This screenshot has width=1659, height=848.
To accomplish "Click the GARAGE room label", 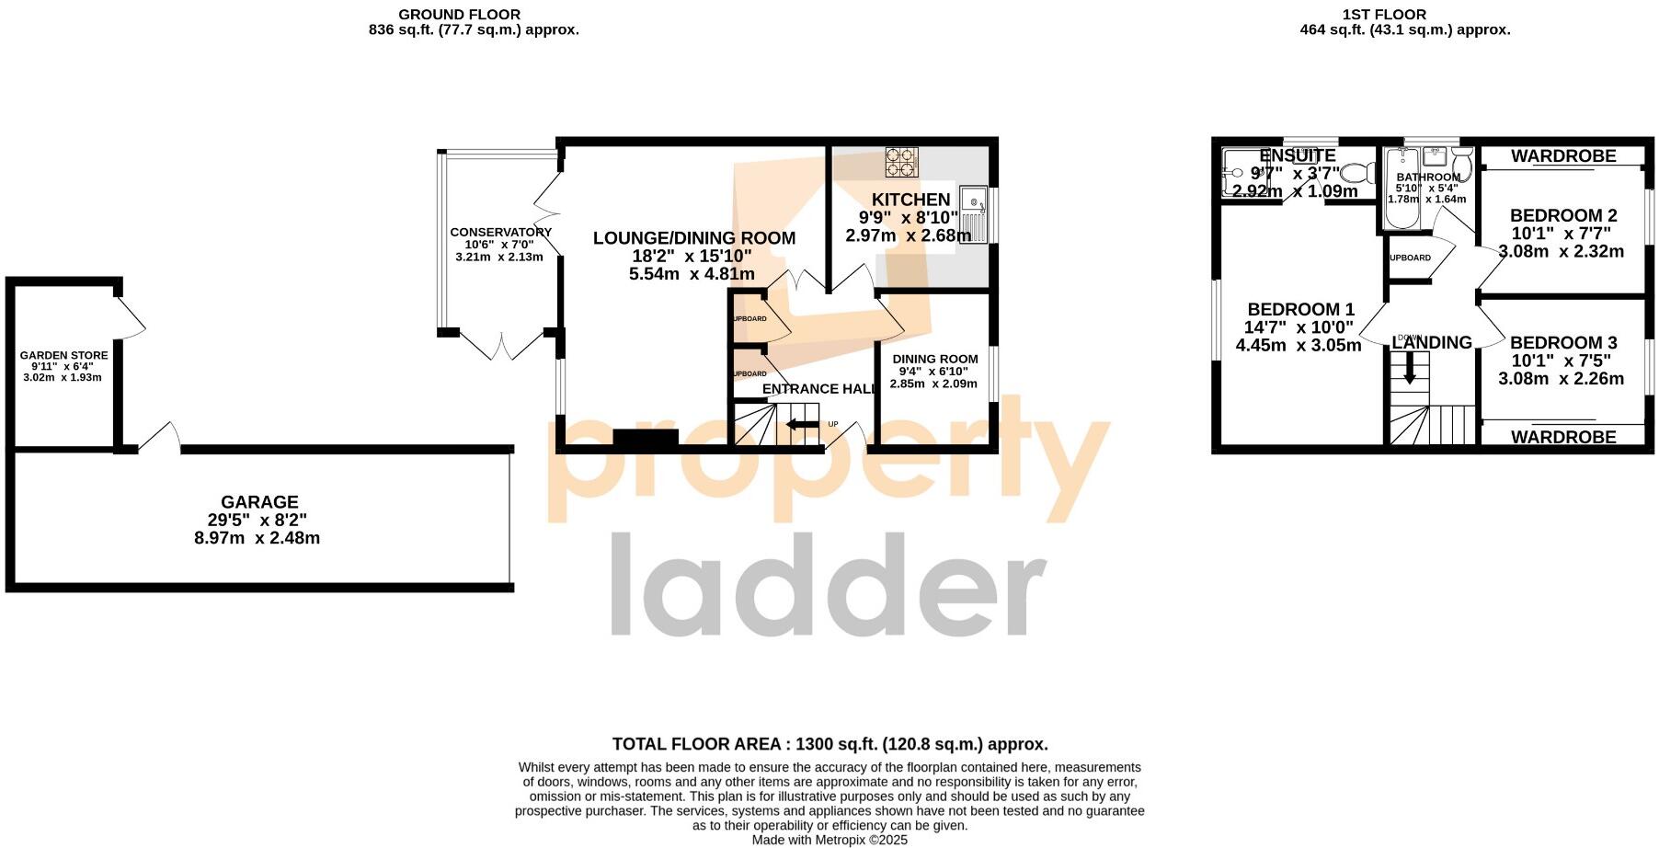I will [259, 502].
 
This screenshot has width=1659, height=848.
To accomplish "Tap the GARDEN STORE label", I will [63, 355].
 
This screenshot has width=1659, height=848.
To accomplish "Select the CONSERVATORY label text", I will [500, 232].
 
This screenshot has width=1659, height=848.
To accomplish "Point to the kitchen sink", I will [973, 211].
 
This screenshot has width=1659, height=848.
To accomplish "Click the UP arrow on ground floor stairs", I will [802, 424].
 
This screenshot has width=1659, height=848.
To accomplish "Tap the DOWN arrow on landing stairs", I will [1409, 369].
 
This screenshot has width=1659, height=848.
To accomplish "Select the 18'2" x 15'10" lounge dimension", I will [692, 256].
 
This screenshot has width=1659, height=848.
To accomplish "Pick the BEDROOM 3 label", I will [1562, 342].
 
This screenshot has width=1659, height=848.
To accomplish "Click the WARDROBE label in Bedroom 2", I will [1563, 155].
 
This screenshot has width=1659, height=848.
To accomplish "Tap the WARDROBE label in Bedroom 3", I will [1563, 437].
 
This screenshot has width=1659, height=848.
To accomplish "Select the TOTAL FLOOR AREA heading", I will [829, 744].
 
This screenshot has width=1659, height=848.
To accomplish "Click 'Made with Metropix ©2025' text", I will [829, 840].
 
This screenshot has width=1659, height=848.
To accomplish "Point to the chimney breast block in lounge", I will [646, 439].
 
